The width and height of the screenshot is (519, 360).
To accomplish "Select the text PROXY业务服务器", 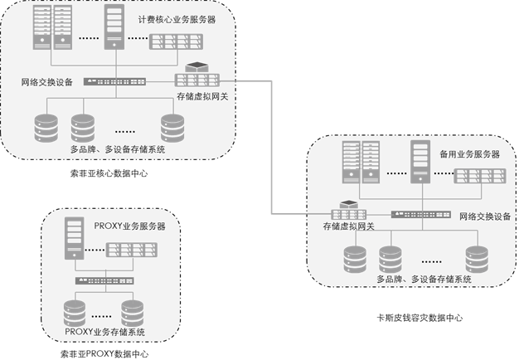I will [129, 226].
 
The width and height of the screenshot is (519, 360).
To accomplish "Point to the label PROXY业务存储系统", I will [104, 332].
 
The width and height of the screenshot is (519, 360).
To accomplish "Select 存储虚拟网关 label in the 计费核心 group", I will [202, 97].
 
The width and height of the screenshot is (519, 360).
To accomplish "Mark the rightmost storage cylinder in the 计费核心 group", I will [172, 126].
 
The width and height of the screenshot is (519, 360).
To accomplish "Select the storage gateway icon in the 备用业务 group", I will [347, 211].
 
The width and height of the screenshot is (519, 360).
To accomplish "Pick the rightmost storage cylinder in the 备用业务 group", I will [476, 258].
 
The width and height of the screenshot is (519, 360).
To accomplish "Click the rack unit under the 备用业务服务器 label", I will [478, 176].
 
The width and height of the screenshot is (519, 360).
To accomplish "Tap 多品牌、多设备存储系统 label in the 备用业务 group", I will [424, 280].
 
